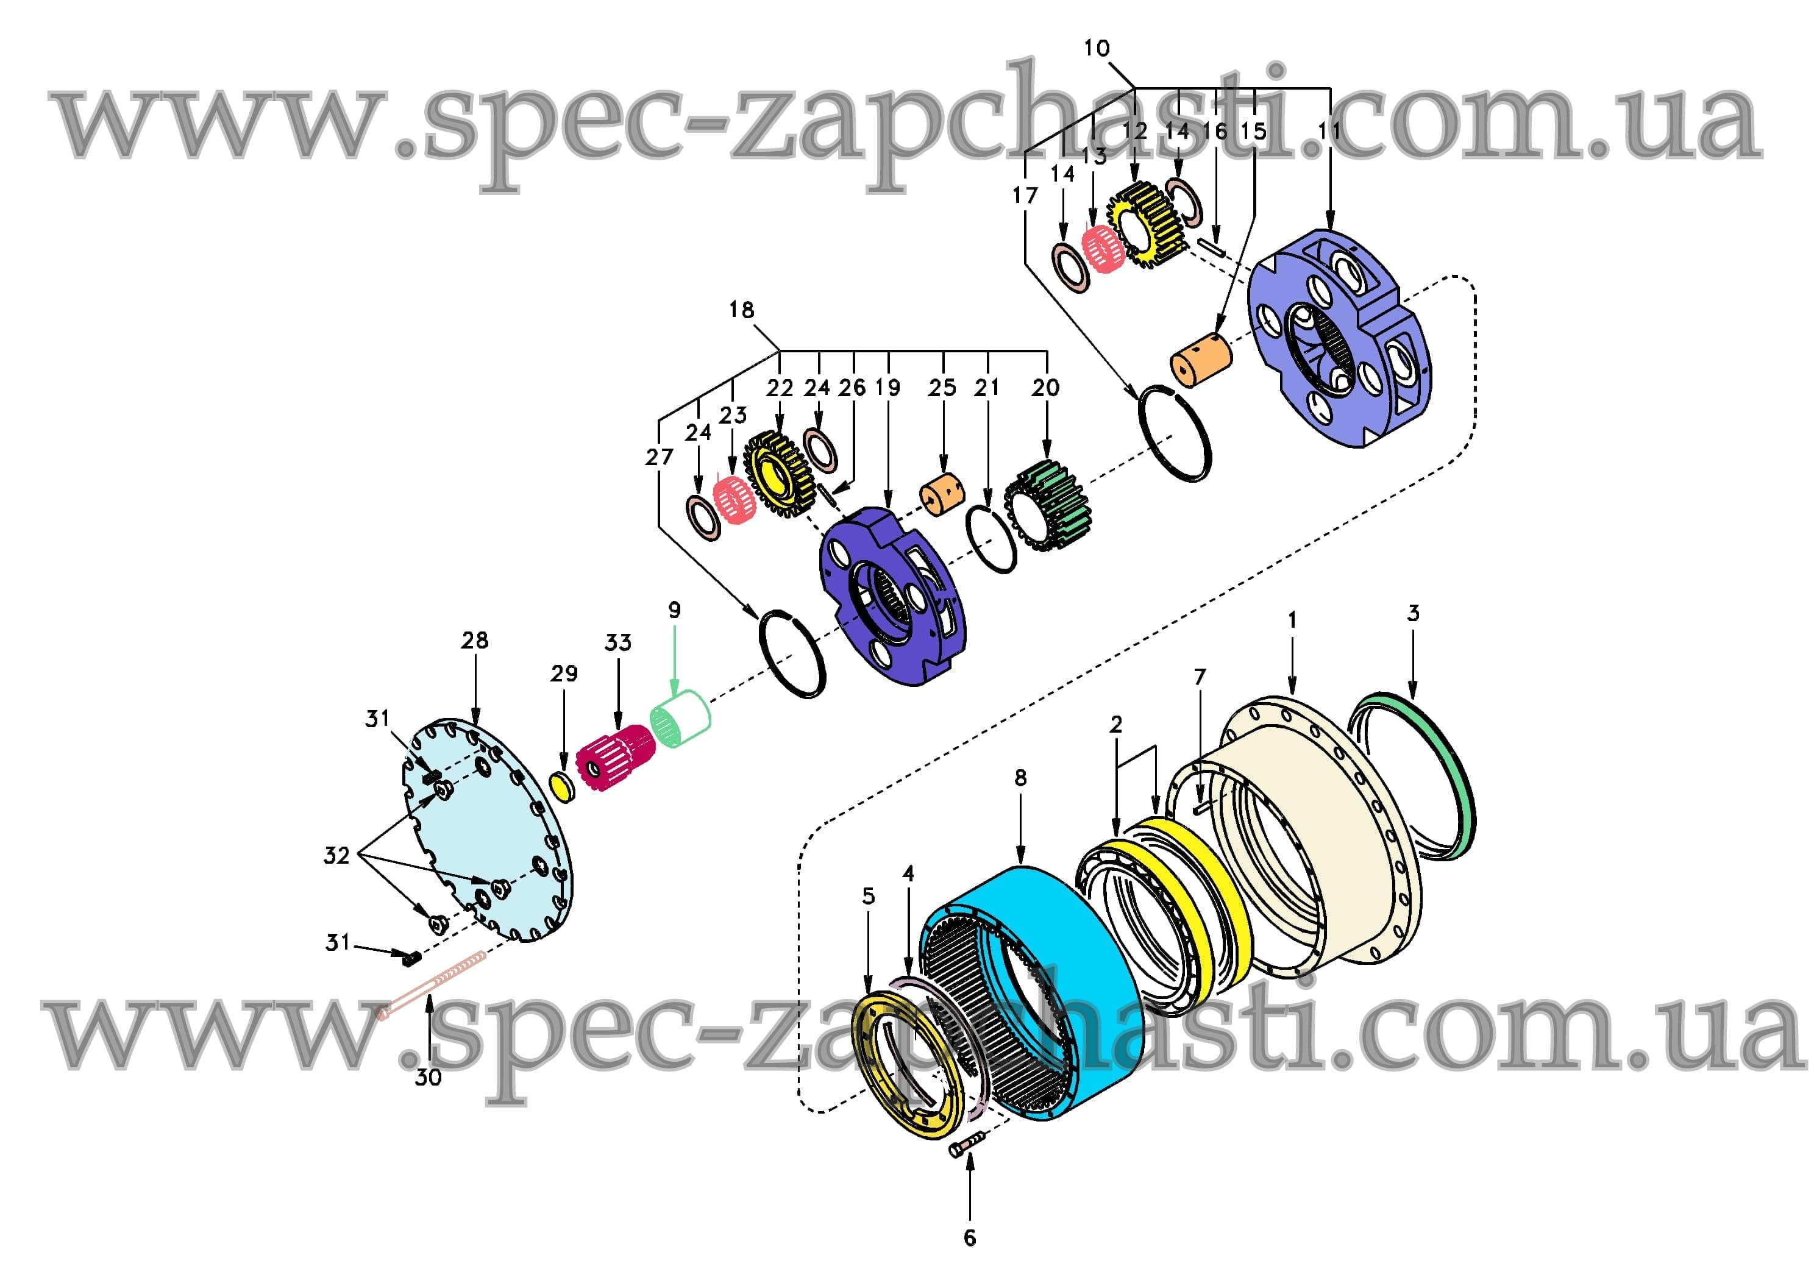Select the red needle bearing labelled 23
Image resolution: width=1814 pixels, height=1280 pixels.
[x=734, y=500]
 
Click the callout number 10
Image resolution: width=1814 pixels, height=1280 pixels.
[x=1097, y=48]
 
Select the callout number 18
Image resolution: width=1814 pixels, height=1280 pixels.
[x=741, y=310]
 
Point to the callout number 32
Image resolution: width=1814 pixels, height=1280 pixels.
[x=336, y=855]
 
